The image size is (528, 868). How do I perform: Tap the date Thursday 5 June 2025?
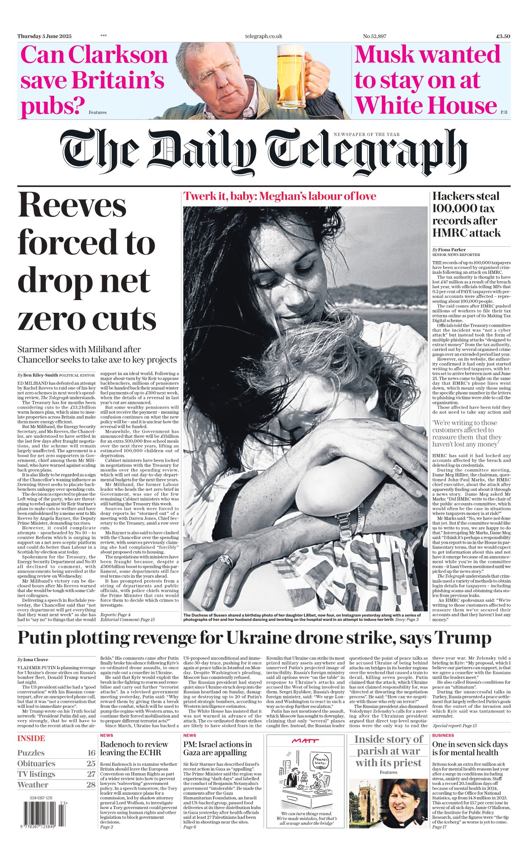[x=44, y=36]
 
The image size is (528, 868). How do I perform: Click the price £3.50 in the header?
[x=503, y=36]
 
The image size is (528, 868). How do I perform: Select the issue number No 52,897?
[x=375, y=36]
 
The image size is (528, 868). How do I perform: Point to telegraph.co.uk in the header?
[x=264, y=36]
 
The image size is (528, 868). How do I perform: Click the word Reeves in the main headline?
[x=72, y=206]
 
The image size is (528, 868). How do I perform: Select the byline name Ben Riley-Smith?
[x=40, y=375]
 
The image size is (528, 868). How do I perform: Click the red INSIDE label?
[x=31, y=738]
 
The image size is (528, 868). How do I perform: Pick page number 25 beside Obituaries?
[x=91, y=763]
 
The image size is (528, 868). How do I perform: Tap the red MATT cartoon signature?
[x=305, y=741]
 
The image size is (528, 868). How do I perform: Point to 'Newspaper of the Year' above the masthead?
[x=367, y=134]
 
